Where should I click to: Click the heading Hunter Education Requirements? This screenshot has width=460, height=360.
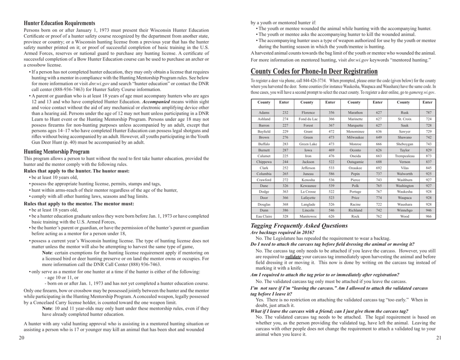pos(59,23)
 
